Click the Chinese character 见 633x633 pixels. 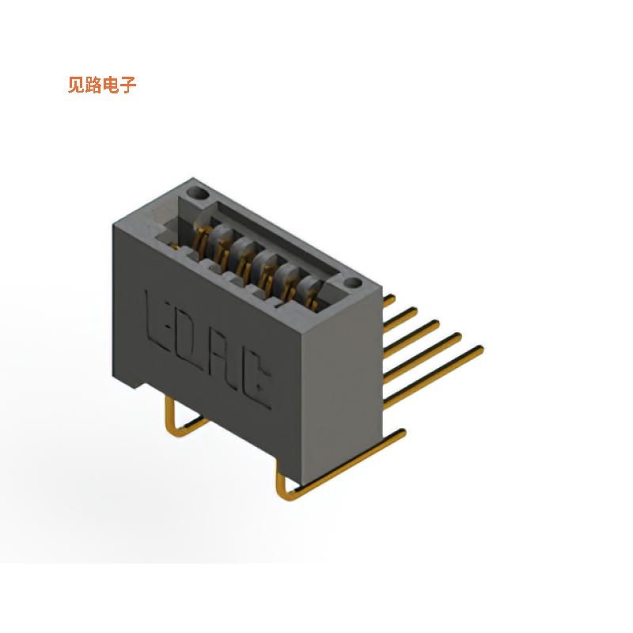click(76, 85)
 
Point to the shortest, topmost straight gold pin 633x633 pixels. click(389, 300)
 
